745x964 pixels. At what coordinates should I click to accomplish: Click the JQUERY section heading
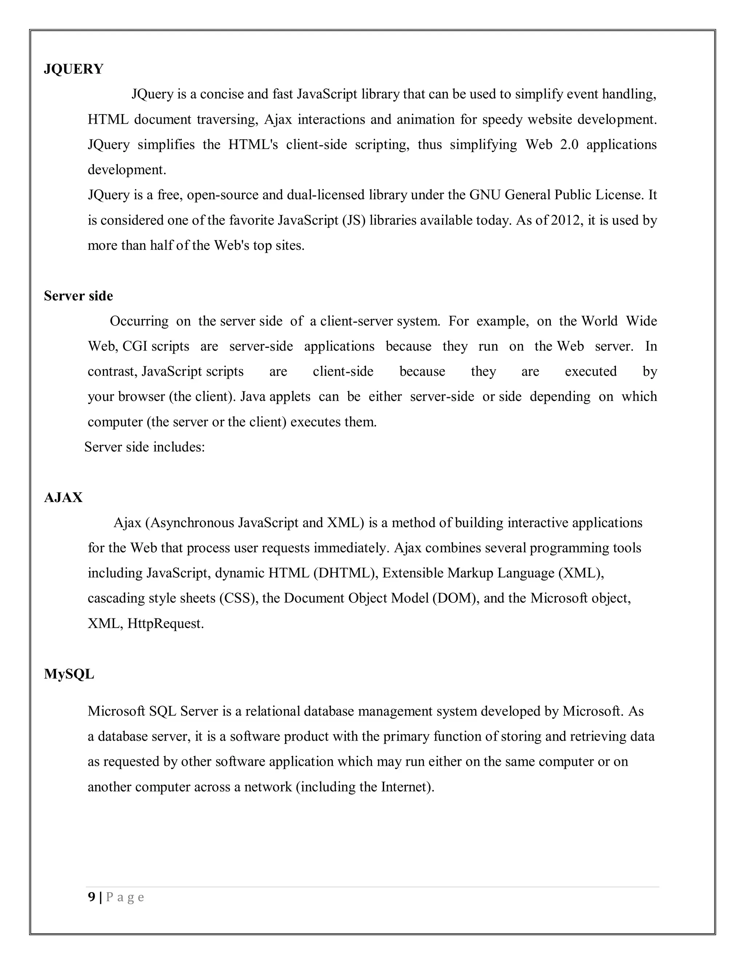73,69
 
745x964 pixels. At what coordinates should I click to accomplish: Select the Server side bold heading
78,296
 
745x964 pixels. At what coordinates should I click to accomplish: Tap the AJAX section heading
63,497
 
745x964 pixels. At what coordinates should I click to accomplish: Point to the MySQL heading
69,674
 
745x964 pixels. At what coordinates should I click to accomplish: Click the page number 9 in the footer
91,897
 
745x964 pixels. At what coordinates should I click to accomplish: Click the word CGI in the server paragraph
135,346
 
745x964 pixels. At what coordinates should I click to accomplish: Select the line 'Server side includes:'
144,447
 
